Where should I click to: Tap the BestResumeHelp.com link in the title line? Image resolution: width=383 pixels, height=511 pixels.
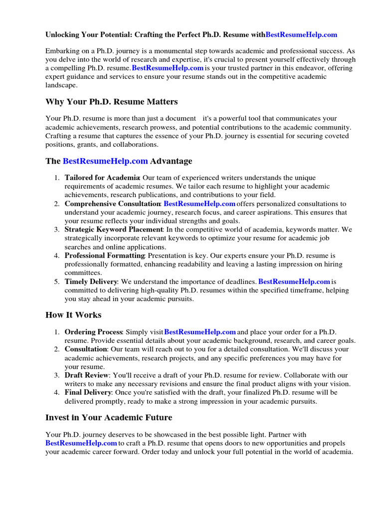(301, 35)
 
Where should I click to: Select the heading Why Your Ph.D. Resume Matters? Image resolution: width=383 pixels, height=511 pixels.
(111, 102)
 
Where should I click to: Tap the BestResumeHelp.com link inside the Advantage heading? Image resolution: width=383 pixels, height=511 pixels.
(105, 161)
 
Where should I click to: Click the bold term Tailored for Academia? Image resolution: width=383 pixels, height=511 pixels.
(102, 178)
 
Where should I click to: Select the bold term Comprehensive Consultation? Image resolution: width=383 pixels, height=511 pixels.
(112, 204)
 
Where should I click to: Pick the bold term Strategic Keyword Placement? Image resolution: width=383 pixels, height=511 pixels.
(113, 230)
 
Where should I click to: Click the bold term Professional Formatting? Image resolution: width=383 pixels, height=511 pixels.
(104, 255)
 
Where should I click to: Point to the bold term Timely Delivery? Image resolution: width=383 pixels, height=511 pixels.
(91, 281)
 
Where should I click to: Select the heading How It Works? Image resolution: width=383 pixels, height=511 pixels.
(73, 315)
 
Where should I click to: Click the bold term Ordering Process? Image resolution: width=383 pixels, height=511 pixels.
(93, 332)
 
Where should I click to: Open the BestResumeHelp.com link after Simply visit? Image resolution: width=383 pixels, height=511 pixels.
(199, 332)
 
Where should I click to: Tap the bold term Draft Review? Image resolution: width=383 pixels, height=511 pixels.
(87, 375)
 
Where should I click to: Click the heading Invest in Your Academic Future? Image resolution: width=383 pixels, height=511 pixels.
(109, 417)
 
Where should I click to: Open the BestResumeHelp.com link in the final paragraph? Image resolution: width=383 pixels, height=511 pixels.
(81, 443)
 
